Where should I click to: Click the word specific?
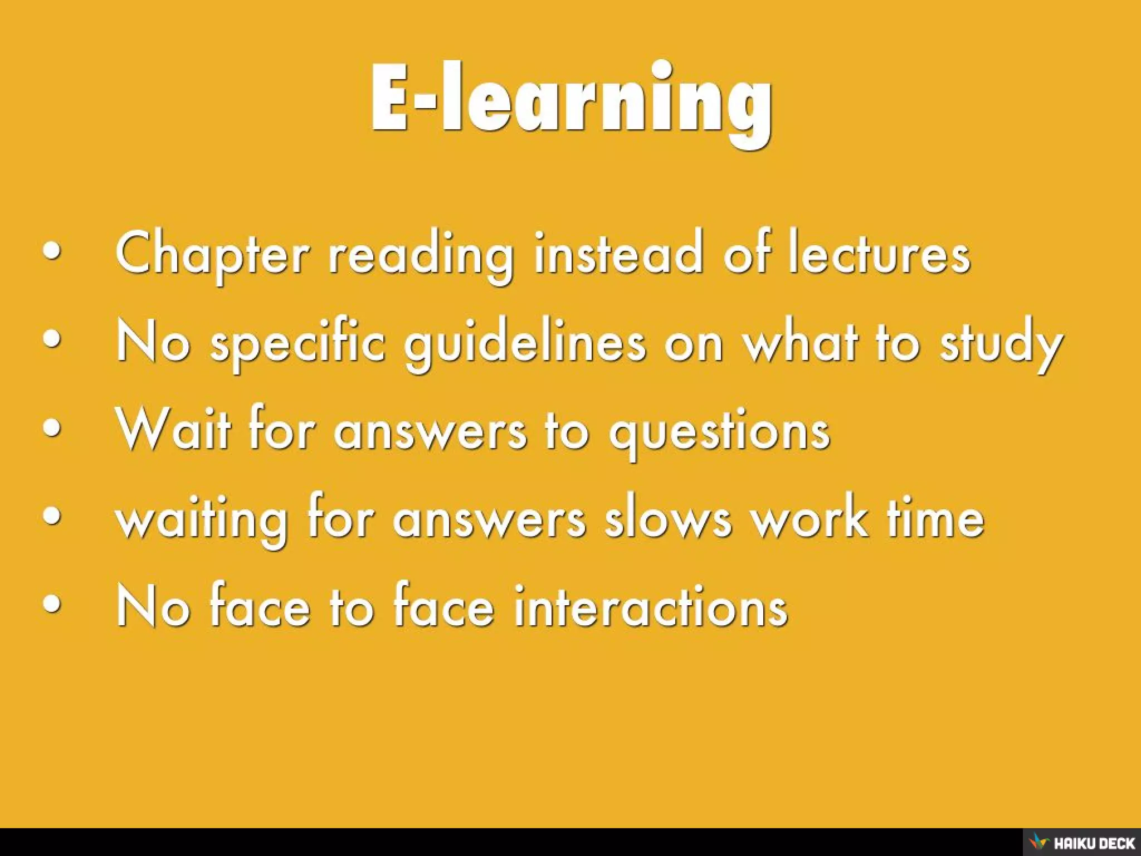point(297,343)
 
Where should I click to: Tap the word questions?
point(719,431)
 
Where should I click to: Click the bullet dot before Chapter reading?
point(51,252)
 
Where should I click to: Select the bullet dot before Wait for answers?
point(51,430)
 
